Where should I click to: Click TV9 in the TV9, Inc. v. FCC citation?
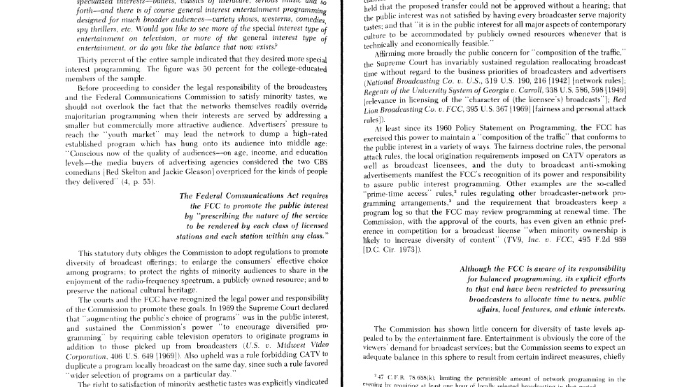pyautogui.click(x=517, y=239)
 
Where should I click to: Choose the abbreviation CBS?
pyautogui.click(x=316, y=162)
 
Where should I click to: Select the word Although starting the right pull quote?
pyautogui.click(x=481, y=269)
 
